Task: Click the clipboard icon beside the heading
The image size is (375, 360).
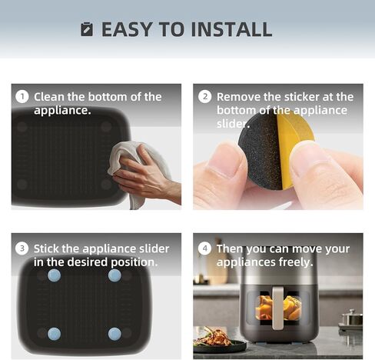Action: point(87,29)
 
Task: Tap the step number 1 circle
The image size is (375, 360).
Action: point(22,97)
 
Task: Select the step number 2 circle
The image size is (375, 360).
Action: point(204,97)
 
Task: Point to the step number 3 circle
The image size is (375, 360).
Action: point(22,248)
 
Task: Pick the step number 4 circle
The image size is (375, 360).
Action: point(204,248)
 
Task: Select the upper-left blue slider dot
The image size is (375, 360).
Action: point(55,275)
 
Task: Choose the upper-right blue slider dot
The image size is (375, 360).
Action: point(114,275)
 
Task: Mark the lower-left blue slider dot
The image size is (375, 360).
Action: point(55,333)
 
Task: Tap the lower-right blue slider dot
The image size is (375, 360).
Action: point(114,333)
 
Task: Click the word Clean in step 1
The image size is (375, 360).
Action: point(50,97)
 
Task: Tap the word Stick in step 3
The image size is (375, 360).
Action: point(48,248)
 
